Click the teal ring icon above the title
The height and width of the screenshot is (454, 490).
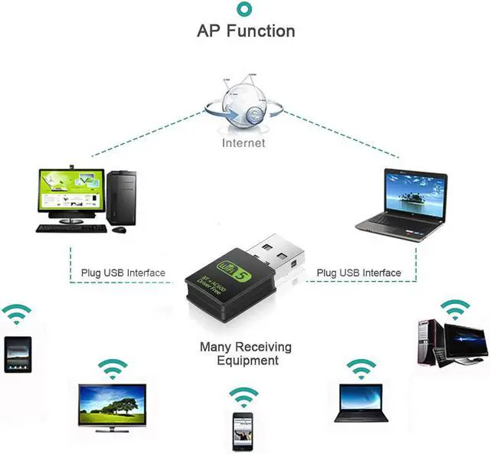coord(245,9)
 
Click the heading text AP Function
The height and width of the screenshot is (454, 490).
coord(246,31)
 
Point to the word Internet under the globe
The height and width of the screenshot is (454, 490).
coord(243,142)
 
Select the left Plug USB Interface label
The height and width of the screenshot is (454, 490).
coord(122,273)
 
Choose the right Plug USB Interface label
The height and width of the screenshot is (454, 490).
coord(358,273)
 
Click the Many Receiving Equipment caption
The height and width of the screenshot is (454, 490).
coord(246,354)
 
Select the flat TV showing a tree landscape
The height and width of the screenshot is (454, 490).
coord(113,405)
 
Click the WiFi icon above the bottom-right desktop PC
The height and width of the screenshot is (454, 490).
coord(454,309)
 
